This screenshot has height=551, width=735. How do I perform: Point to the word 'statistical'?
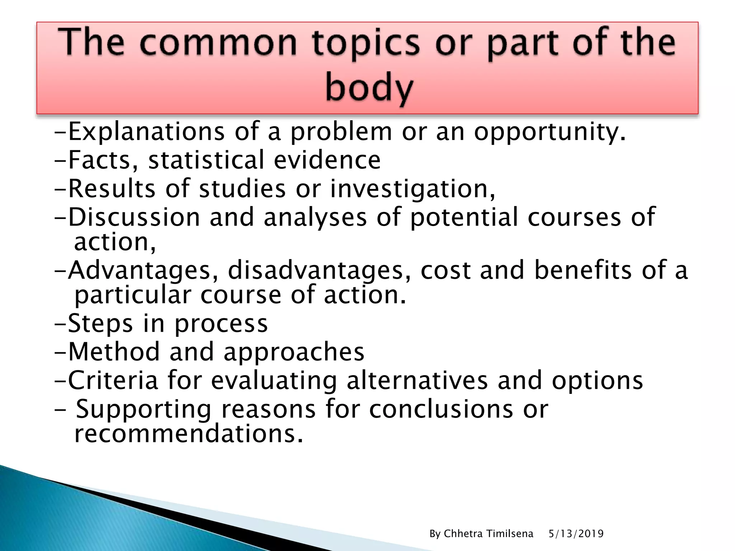206,160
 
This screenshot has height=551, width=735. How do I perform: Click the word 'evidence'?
327,160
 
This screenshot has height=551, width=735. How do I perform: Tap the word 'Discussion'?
134,217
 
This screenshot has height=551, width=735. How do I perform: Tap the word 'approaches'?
294,352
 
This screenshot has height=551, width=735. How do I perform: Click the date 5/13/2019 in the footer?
576,534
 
